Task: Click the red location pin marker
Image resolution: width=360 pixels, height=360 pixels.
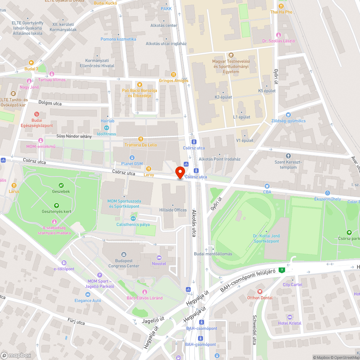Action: (x=180, y=172)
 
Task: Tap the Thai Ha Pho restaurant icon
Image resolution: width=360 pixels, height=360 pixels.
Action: (x=281, y=6)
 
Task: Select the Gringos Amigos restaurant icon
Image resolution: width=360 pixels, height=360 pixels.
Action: (x=173, y=75)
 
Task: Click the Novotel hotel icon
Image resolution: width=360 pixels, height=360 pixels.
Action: (x=159, y=258)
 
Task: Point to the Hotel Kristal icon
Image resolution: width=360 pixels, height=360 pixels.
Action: (x=290, y=317)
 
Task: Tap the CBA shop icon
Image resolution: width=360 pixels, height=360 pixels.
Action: (x=267, y=186)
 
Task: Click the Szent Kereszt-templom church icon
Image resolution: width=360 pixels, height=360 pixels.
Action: (x=288, y=156)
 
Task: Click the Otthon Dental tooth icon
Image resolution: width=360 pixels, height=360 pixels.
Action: (x=260, y=292)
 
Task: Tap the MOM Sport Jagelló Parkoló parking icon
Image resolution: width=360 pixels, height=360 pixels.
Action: (x=100, y=275)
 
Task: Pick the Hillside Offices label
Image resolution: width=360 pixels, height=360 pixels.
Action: (x=173, y=210)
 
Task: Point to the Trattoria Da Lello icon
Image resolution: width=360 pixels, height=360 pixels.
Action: (x=141, y=139)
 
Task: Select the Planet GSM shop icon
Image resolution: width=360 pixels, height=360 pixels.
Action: (x=132, y=157)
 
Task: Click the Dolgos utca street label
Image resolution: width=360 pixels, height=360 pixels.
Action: (x=50, y=103)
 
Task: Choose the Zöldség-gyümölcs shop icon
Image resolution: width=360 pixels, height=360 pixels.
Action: (x=288, y=114)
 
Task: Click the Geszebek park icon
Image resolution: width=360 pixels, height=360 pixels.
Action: (x=61, y=185)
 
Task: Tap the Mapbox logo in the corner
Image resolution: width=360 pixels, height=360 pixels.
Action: (x=16, y=355)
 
